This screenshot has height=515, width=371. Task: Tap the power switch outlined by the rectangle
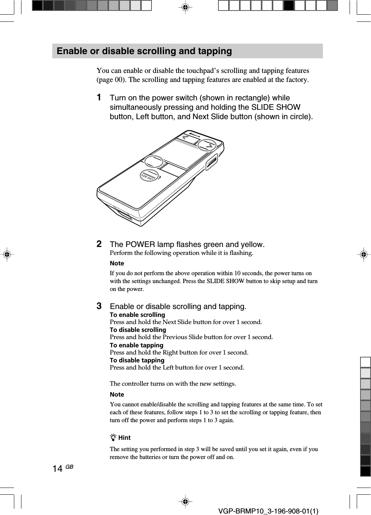[x=212, y=162]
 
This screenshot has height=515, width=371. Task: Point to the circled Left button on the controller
[x=154, y=161]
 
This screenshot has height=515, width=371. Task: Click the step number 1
[x=99, y=97]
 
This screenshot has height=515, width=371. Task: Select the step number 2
[x=99, y=244]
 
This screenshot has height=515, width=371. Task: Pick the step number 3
[x=99, y=306]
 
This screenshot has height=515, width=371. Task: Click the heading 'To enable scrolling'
[x=137, y=315]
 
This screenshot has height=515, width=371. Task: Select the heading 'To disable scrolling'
[x=138, y=330]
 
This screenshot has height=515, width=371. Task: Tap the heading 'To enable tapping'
[x=136, y=345]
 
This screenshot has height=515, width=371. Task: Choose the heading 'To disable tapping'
[x=137, y=360]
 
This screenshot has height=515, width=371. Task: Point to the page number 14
[x=58, y=468]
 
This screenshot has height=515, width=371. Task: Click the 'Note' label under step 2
[x=117, y=263]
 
